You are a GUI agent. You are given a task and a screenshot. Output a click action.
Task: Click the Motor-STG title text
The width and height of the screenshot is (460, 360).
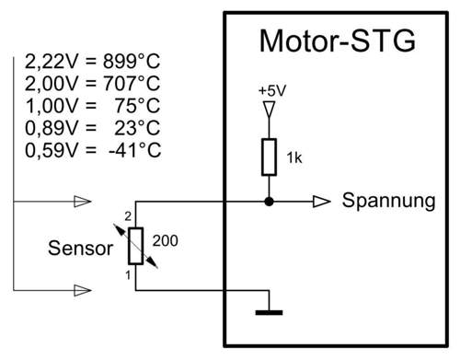[x=337, y=42]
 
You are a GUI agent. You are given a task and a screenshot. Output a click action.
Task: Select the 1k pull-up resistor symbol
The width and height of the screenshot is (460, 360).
[x=269, y=157]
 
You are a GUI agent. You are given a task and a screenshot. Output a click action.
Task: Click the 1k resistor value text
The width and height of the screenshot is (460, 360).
[x=294, y=158]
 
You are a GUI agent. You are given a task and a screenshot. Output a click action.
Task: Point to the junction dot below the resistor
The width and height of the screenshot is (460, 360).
[x=269, y=202]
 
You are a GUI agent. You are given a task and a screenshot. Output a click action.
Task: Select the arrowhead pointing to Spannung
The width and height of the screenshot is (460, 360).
[x=322, y=202]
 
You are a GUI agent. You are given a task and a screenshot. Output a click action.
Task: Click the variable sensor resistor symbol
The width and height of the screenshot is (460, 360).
[x=135, y=246]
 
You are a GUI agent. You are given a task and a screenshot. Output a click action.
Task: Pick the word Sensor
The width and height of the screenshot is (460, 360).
[x=81, y=248]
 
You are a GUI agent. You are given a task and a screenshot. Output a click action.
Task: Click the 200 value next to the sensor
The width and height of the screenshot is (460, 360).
[x=166, y=241]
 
